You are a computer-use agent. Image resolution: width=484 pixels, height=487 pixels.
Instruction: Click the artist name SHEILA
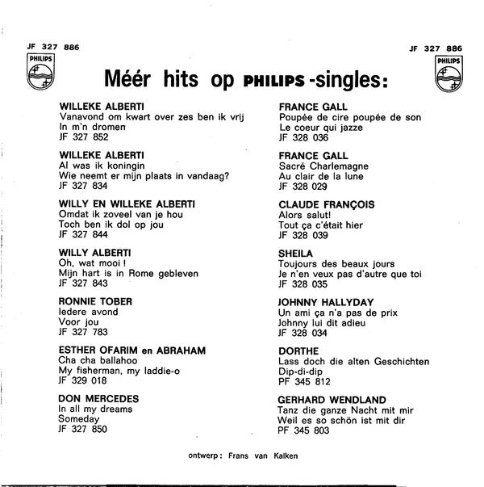click(296, 252)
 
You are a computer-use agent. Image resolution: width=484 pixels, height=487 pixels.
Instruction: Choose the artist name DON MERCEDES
click(99, 399)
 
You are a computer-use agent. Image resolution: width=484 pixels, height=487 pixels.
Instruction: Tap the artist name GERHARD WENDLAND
click(331, 400)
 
